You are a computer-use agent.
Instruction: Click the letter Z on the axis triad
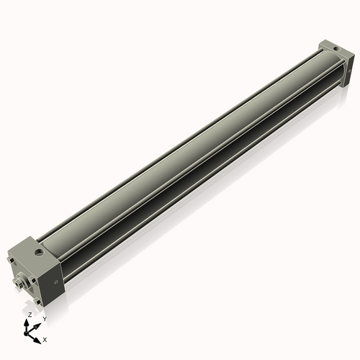click(x=30, y=315)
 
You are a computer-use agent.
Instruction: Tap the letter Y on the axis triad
click(x=44, y=318)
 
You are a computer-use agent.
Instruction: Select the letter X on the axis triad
click(x=45, y=338)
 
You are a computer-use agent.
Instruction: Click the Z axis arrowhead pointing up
click(x=28, y=322)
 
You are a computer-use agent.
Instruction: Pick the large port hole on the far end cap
click(x=336, y=50)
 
